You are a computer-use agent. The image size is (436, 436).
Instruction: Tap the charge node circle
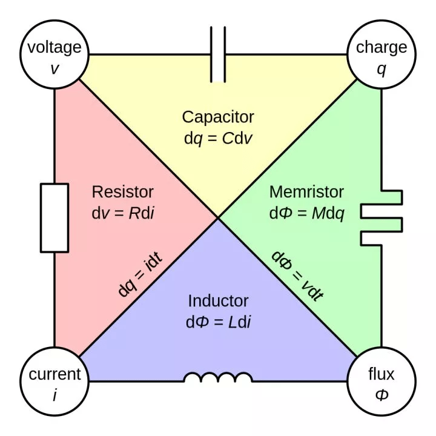coord(381,54)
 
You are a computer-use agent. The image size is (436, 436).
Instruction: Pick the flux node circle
coord(381,381)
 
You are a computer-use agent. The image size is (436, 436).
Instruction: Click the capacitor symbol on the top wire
coord(218,54)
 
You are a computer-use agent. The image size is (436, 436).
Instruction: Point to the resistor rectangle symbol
coord(54,218)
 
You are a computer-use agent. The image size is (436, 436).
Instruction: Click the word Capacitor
coord(218,116)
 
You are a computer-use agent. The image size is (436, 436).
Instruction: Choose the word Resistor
coord(123,192)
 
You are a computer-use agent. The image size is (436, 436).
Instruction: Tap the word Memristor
coord(306,192)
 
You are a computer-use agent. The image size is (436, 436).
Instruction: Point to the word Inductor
coord(218,301)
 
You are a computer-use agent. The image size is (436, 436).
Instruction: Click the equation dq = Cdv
coord(218,137)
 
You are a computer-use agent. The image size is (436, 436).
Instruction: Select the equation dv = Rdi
coord(123,213)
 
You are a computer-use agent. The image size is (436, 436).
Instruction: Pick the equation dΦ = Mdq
coord(306,213)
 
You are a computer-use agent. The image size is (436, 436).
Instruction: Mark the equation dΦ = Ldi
coord(218,322)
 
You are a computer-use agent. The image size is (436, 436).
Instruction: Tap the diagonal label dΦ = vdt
coord(297,276)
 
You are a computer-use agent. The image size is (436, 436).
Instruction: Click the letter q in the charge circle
coord(381,68)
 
